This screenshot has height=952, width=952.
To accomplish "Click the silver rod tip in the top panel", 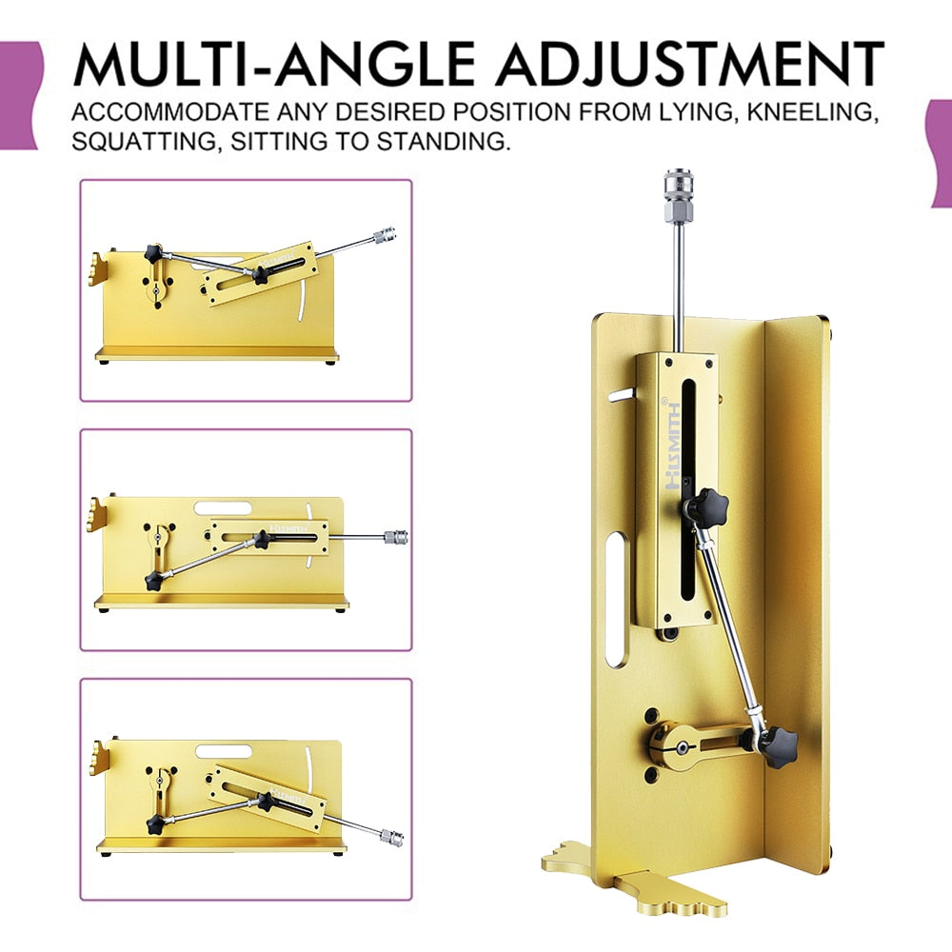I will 385,233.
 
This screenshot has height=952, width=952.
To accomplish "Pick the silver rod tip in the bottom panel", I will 390,839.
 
